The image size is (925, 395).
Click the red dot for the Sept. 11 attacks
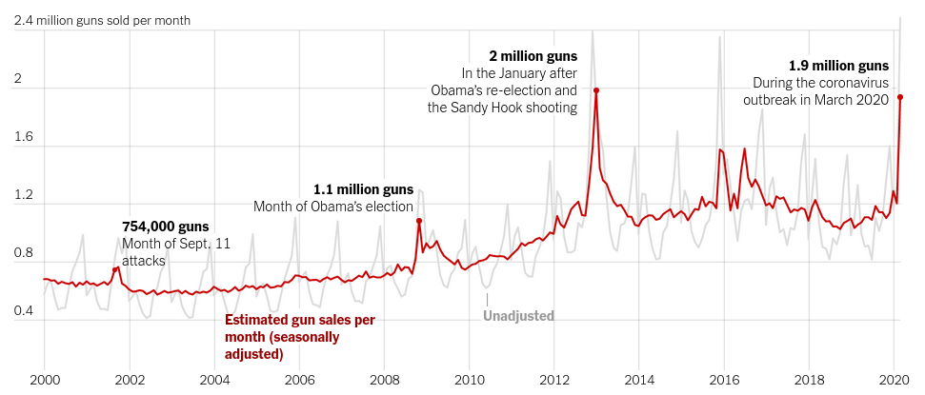coord(115,270)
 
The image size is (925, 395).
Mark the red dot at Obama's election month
coord(418,221)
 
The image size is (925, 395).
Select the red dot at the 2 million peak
coord(596,90)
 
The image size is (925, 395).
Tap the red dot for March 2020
coord(900,97)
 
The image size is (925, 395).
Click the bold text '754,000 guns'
coord(165,227)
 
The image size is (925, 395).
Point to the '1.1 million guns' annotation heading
coord(364,189)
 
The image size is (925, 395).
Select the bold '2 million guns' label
coord(533,56)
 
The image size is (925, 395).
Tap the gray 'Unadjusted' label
coord(518,316)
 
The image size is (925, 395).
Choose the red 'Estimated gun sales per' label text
coord(299,320)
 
